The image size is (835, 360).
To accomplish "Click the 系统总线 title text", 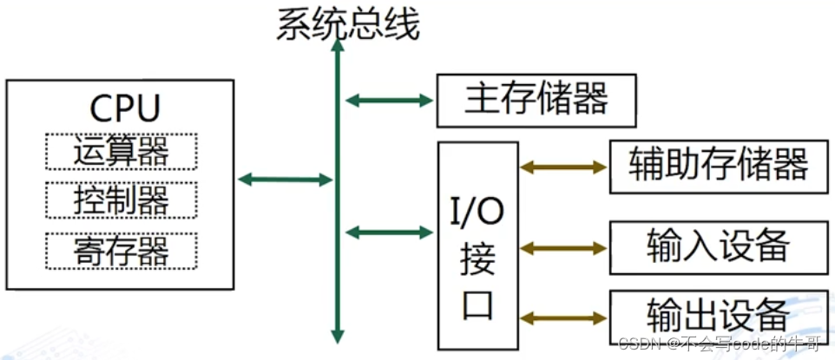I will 347,25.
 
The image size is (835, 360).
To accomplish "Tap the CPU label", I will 125,109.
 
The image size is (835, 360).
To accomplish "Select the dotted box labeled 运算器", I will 121,152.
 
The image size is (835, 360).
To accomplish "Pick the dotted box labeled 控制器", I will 121,200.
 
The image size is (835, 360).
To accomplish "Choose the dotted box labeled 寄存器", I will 121,251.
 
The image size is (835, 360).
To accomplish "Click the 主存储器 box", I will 536,100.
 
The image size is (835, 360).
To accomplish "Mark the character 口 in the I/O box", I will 478,304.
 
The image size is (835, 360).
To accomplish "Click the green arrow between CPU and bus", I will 285,180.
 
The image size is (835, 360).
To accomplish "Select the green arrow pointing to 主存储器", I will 389,100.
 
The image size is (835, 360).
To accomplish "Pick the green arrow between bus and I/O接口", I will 389,232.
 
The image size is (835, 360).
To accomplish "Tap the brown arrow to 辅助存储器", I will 562,166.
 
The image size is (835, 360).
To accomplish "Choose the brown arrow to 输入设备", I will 562,248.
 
